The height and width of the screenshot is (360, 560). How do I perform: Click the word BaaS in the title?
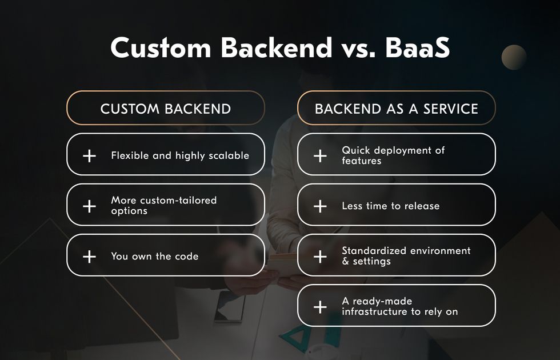418,47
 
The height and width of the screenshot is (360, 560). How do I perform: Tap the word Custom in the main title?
161,47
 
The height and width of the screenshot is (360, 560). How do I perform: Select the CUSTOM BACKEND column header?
166,109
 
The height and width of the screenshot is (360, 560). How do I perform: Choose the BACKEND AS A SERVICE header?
397,109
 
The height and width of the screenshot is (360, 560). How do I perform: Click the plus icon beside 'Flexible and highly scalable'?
89,155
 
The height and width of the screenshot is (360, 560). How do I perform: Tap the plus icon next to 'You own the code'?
89,257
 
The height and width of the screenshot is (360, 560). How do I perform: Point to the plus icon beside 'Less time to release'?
320,206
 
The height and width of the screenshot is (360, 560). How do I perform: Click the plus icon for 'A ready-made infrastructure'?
320,307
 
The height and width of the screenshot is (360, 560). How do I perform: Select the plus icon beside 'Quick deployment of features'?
320,155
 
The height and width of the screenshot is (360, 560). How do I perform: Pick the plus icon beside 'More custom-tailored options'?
89,206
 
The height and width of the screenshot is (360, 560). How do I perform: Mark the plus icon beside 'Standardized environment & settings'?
320,257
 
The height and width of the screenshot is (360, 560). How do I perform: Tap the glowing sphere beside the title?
514,57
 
